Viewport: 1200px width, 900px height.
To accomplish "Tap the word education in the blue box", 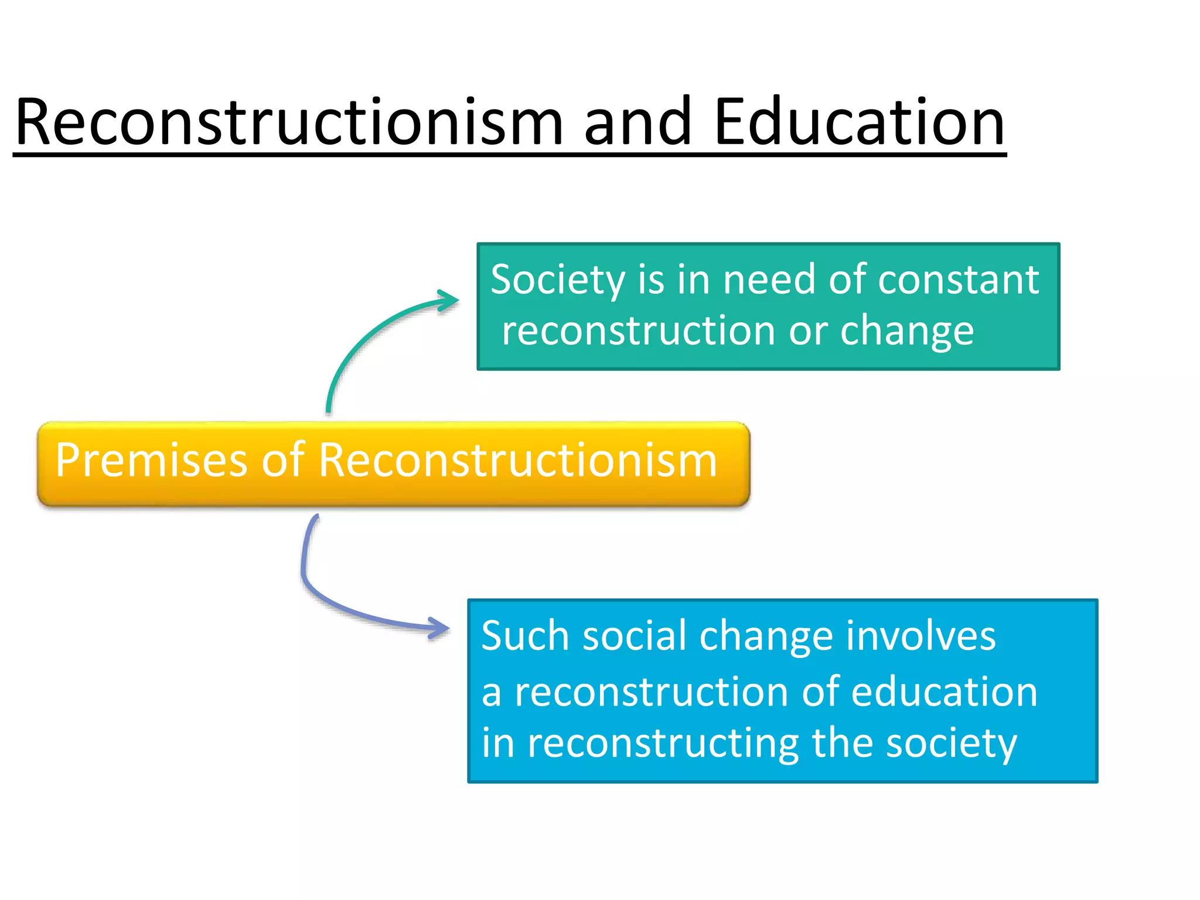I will pyautogui.click(x=944, y=692).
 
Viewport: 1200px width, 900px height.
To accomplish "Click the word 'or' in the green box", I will pyautogui.click(x=808, y=332).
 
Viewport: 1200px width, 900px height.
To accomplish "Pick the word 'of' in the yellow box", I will pyautogui.click(x=283, y=461).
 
